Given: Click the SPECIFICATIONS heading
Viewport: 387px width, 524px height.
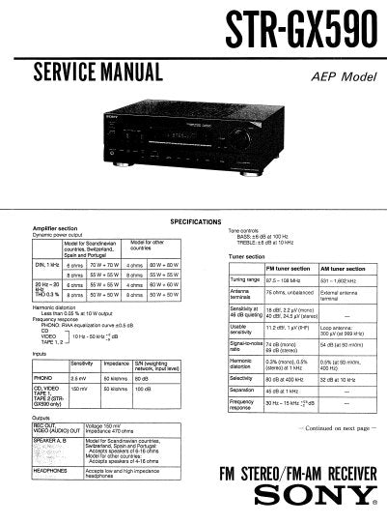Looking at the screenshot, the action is pos(197,220).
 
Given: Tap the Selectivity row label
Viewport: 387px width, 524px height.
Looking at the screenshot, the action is pos(241,380).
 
